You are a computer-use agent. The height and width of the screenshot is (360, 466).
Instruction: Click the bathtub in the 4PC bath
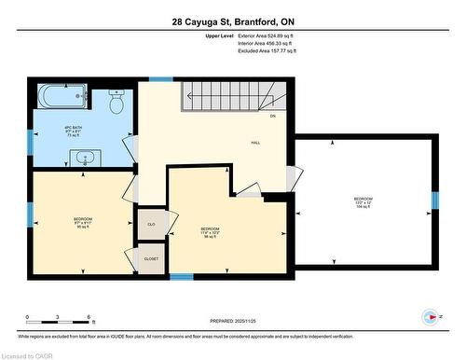coord(63,96)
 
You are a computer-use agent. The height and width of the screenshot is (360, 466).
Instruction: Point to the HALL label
coord(254,143)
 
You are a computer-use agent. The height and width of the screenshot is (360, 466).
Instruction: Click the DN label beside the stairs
coord(273,117)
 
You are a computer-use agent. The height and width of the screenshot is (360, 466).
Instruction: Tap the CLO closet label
coord(151,225)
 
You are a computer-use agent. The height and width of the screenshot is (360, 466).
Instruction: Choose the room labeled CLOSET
coord(151,258)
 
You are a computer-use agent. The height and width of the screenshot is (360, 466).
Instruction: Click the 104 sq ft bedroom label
coord(363,201)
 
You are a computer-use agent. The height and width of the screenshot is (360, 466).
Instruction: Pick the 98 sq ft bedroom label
coord(210,231)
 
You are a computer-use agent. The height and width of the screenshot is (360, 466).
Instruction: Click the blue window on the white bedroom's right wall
coord(434,201)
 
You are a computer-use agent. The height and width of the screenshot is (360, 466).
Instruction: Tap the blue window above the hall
coord(161,79)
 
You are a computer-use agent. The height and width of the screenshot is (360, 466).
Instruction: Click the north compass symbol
coord(429,315)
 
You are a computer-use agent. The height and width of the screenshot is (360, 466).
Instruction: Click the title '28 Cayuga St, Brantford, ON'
coord(233,21)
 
